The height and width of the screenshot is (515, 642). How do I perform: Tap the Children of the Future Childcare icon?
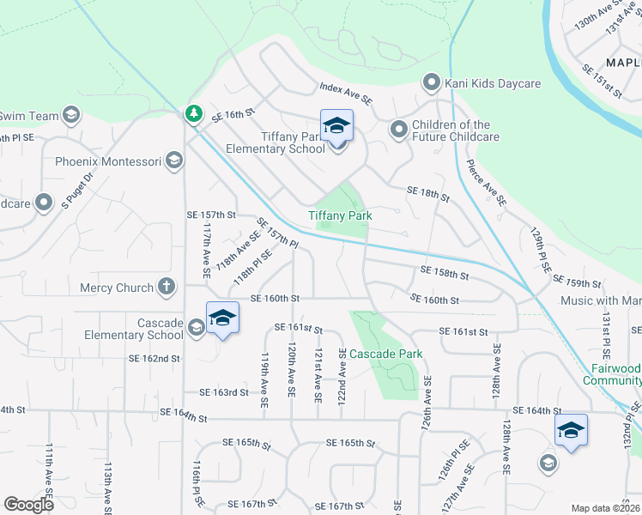[x=398, y=130]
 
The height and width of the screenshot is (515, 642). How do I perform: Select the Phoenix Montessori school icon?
[x=174, y=161]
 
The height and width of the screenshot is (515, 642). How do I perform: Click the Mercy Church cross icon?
[x=166, y=288]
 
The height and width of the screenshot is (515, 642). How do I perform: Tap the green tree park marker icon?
[x=194, y=113]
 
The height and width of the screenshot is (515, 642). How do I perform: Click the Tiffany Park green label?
[x=341, y=215]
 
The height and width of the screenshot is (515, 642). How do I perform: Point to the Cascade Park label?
[x=386, y=354]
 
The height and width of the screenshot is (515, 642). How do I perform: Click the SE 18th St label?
[x=428, y=195]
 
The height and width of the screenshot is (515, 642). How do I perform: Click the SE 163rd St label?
[x=224, y=392]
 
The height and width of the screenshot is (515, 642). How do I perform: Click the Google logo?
[x=29, y=505]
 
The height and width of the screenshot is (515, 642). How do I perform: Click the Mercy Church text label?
[x=116, y=288]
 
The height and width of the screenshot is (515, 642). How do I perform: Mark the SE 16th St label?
[x=234, y=112]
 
